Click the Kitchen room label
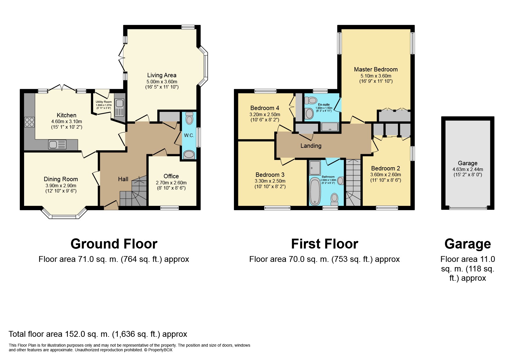[66, 115]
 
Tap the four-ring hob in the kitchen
[29, 122]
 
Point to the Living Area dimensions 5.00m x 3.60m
[162, 82]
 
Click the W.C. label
[189, 135]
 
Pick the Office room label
[171, 176]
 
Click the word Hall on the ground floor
[123, 179]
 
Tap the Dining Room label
[61, 179]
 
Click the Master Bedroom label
[376, 69]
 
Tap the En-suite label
[324, 105]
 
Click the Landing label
[311, 146]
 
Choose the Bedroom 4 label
[265, 108]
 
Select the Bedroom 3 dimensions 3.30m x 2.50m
[270, 181]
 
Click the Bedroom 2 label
[385, 168]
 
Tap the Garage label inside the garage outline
[467, 163]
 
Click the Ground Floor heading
[114, 244]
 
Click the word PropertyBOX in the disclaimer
[160, 350]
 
